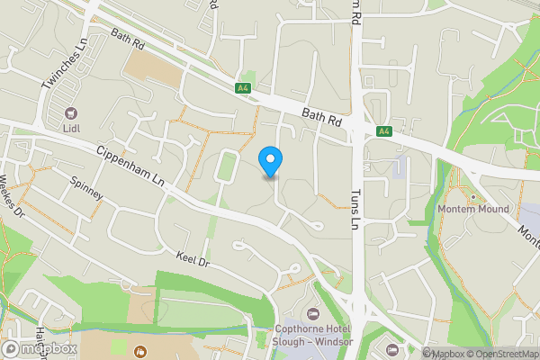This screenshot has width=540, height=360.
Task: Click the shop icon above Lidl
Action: pyautogui.click(x=70, y=114)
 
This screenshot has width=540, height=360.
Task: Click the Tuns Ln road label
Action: pyautogui.click(x=355, y=211)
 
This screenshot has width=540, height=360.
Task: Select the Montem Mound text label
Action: pyautogui.click(x=472, y=210)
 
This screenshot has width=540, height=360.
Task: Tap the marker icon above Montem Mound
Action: pyautogui.click(x=472, y=196)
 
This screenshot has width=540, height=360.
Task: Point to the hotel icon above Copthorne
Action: pyautogui.click(x=312, y=314)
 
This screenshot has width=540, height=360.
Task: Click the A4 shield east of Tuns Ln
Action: pyautogui.click(x=384, y=131)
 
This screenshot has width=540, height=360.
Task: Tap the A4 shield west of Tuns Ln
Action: pyautogui.click(x=242, y=88)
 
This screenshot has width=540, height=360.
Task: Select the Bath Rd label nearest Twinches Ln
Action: pyautogui.click(x=127, y=38)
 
